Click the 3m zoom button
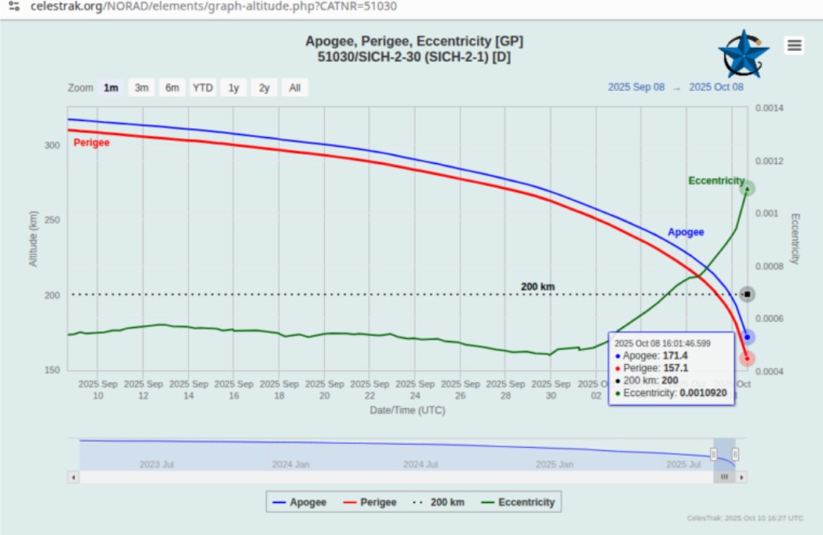tap(141, 88)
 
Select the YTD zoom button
tap(202, 88)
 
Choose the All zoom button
tap(294, 88)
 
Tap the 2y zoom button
tap(264, 88)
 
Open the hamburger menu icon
tap(795, 45)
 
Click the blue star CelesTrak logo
tap(744, 54)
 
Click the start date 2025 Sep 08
tap(636, 87)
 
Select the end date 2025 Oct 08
tap(716, 87)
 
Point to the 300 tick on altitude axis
tap(52, 146)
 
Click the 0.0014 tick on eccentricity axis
tap(770, 107)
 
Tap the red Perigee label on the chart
tap(91, 143)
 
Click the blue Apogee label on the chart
tap(686, 232)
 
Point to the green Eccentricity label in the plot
tap(716, 180)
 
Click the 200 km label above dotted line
tap(537, 286)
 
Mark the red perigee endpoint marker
tap(748, 358)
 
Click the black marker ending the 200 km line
tap(748, 294)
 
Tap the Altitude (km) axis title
tap(34, 238)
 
